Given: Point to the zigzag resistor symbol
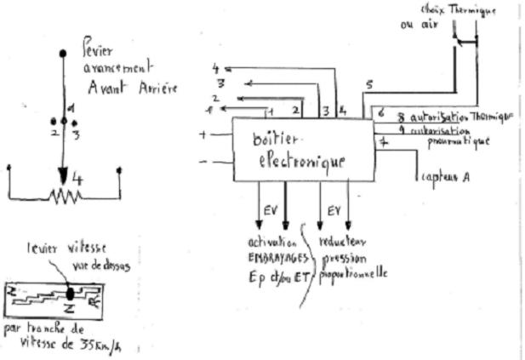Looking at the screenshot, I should click(64, 197).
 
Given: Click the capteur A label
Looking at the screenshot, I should click(446, 177).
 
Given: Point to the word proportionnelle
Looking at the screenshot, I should click(355, 273).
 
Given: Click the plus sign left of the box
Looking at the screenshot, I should click(203, 134).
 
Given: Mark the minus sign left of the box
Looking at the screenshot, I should click(203, 162).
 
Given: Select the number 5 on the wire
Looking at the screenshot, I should click(369, 86).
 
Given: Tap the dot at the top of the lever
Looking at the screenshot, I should click(63, 53).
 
